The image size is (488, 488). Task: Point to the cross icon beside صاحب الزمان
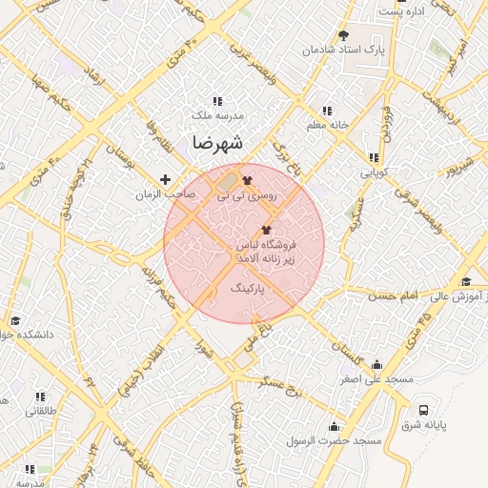coord(166,179)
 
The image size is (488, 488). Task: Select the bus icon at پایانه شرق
coord(423,410)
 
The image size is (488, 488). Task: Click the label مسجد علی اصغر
coord(379,379)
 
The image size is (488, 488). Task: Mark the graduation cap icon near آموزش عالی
coord(466,281)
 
